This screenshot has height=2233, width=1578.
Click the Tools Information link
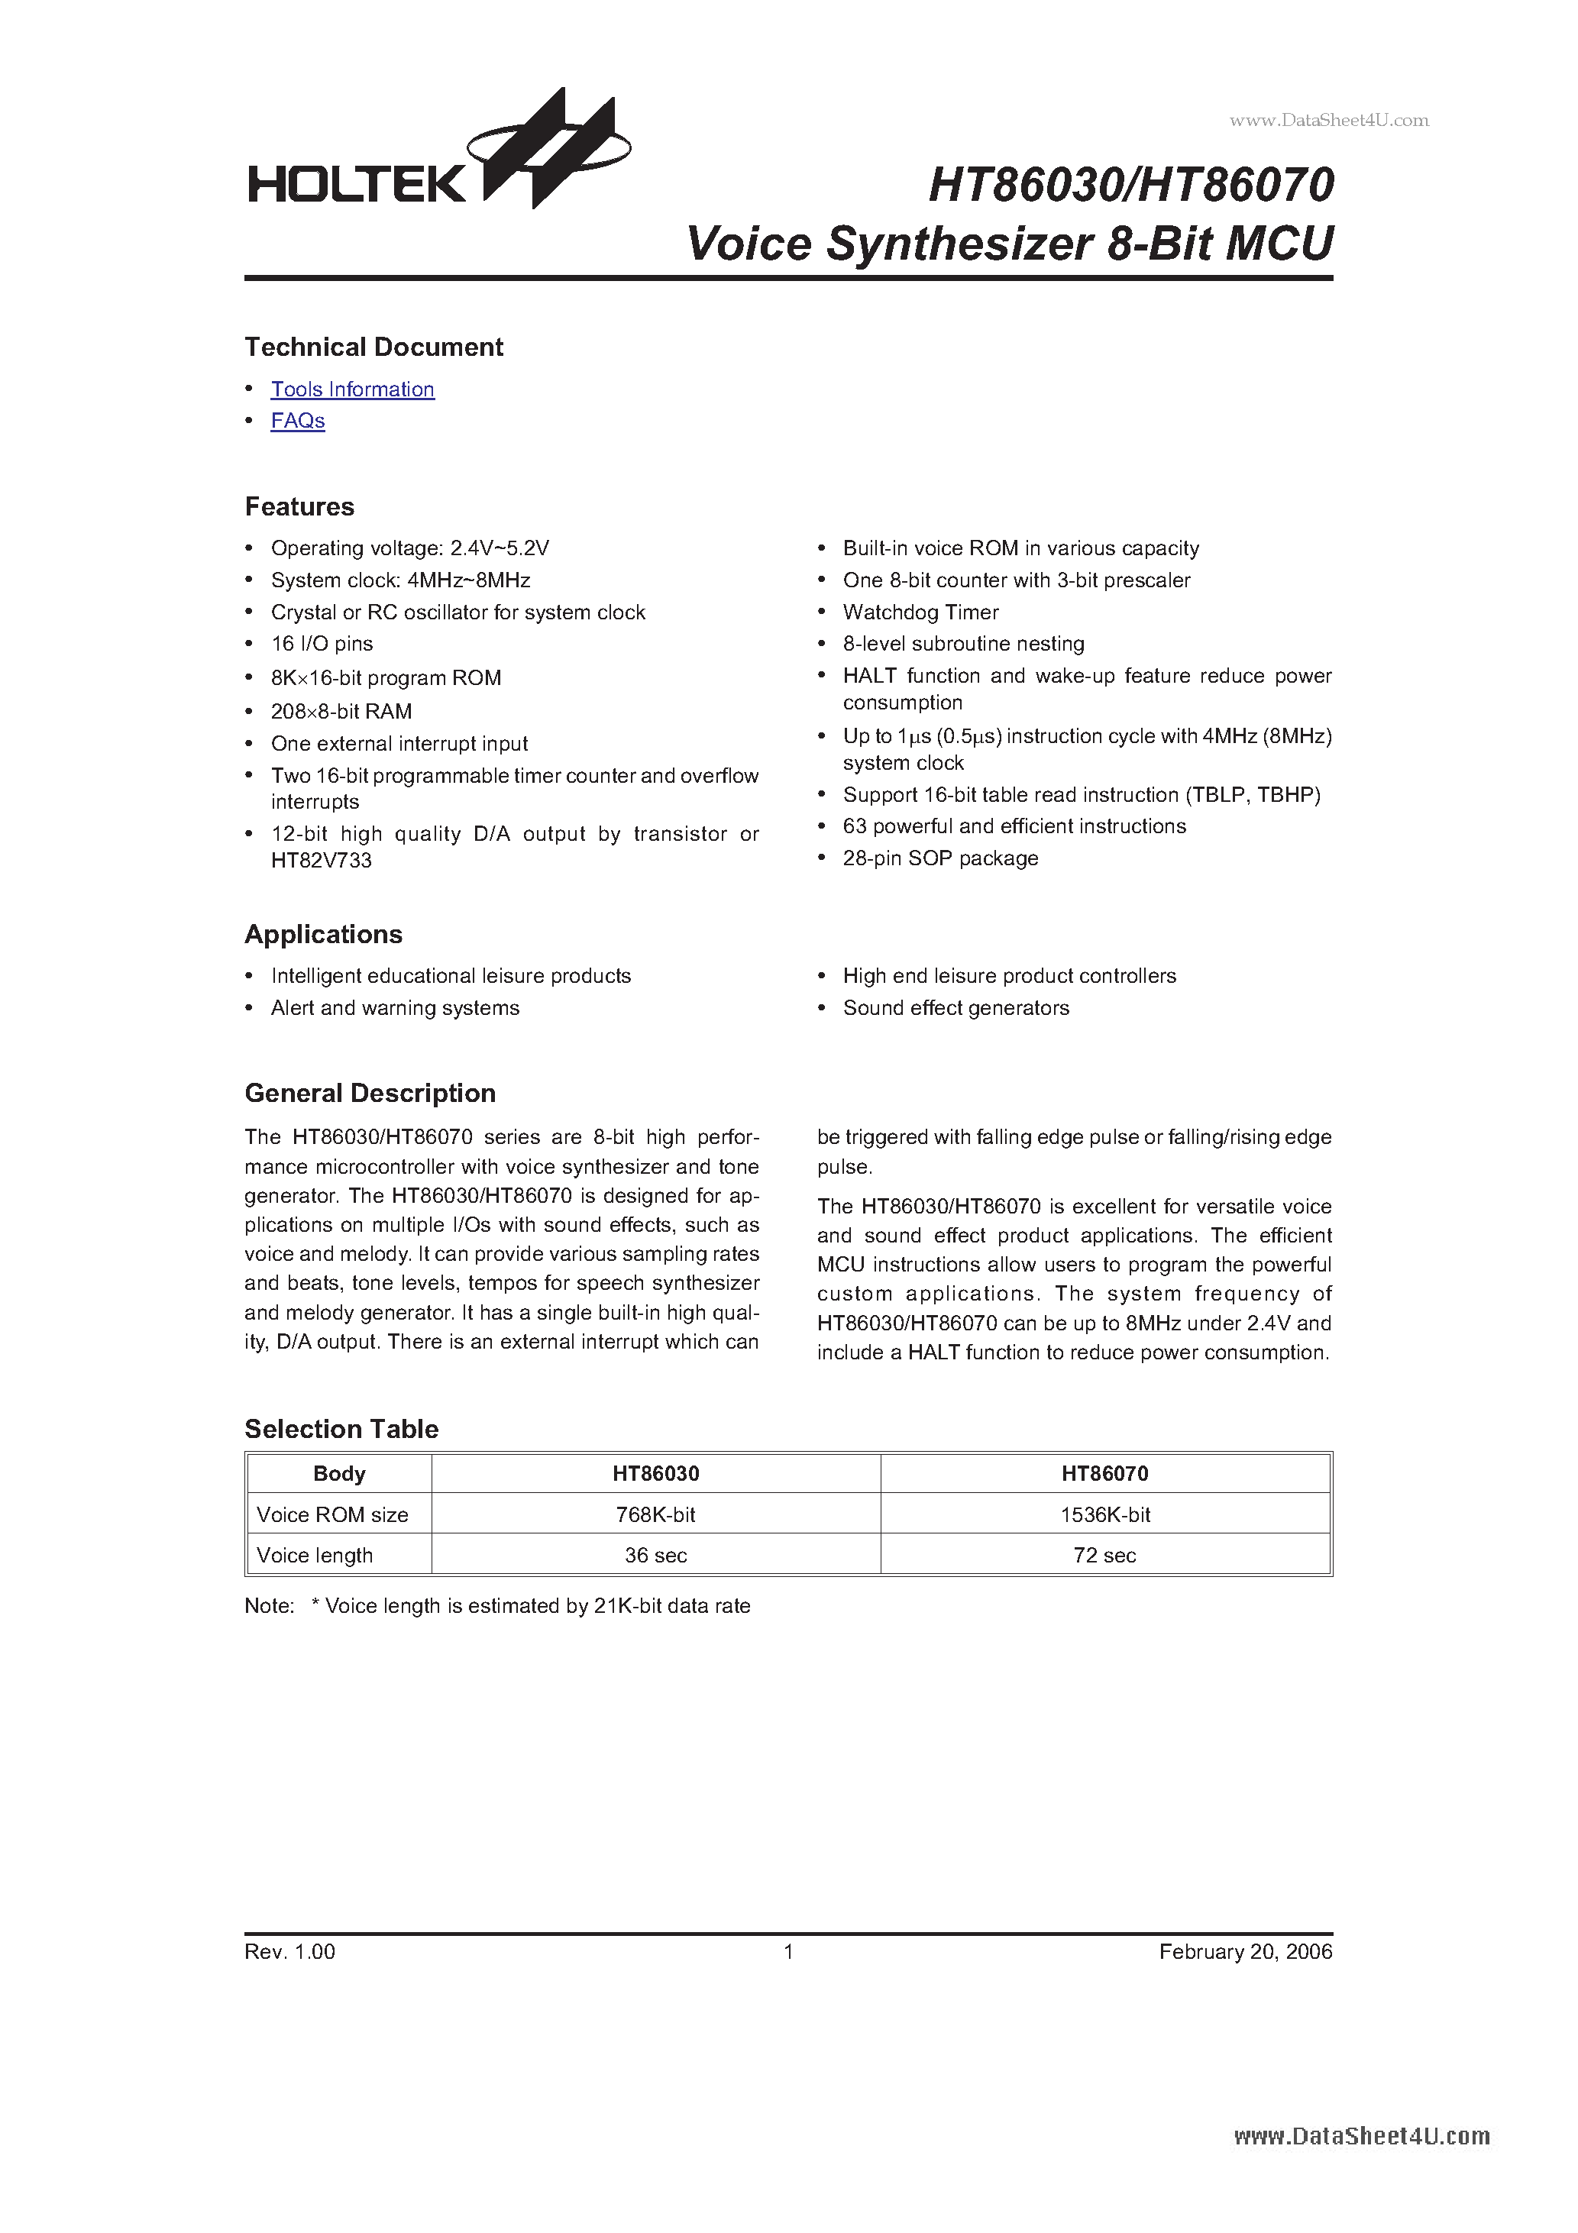tap(352, 389)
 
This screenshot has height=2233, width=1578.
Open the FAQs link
tap(298, 421)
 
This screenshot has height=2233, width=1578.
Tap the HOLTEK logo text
tap(357, 183)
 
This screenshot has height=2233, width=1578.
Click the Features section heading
tap(299, 507)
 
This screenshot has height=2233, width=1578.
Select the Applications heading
tap(323, 935)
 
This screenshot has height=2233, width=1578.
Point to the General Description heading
tap(370, 1093)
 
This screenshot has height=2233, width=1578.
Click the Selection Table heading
tap(341, 1429)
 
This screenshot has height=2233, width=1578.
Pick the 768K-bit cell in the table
tap(655, 1514)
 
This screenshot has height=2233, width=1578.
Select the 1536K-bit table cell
tap(1104, 1514)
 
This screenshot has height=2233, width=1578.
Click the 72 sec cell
tap(1104, 1555)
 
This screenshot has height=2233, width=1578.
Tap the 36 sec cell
tap(655, 1555)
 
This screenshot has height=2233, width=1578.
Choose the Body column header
tap(338, 1473)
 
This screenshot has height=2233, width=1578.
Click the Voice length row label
tap(314, 1555)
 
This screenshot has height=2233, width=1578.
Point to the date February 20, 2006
tap(1245, 1952)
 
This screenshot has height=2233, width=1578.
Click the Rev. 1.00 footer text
tap(290, 1952)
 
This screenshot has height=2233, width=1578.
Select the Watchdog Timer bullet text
tap(920, 612)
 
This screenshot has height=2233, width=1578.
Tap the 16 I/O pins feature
tap(322, 644)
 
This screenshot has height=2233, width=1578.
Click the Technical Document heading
tap(373, 347)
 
